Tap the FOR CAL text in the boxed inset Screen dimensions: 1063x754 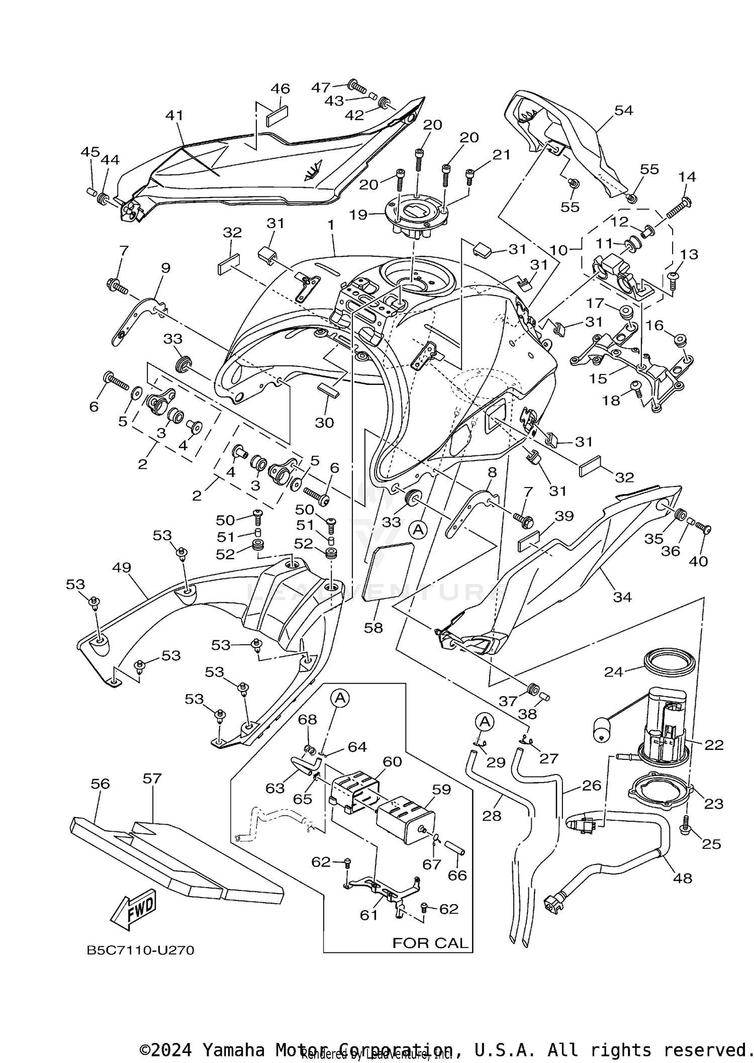point(430,943)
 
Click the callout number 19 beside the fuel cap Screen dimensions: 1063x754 point(359,215)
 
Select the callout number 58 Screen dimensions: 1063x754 point(373,627)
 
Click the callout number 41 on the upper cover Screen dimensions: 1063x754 point(174,116)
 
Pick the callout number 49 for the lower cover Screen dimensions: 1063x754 point(122,567)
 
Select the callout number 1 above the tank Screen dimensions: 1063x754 point(331,225)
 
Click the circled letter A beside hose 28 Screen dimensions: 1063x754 point(485,722)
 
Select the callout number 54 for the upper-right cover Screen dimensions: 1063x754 point(624,110)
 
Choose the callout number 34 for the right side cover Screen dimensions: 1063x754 point(622,597)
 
